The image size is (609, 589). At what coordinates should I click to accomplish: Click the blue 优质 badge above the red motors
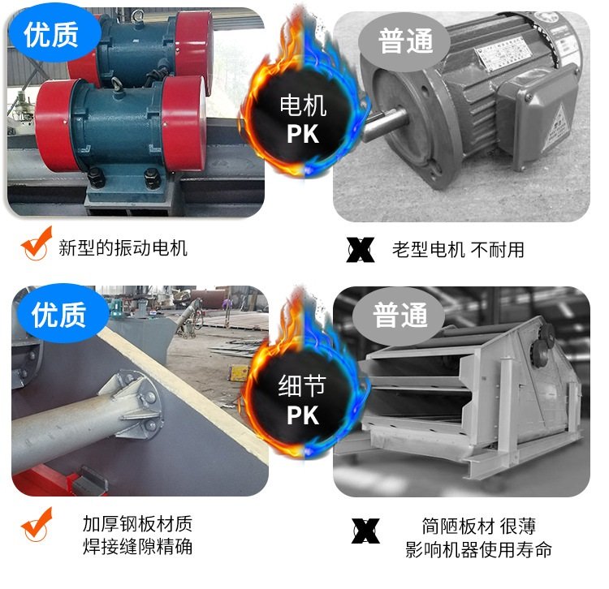[x=54, y=34]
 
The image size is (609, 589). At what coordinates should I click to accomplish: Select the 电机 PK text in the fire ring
[x=303, y=119]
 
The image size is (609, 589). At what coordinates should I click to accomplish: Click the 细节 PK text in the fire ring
[x=302, y=401]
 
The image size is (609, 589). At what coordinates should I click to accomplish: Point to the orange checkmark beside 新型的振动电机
[x=36, y=243]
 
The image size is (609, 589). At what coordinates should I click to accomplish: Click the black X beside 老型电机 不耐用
[x=361, y=250]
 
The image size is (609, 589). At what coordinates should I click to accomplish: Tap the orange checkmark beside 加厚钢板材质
[x=36, y=525]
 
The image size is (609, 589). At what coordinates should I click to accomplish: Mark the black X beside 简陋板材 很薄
[x=365, y=531]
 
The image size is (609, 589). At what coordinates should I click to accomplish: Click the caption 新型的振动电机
[x=123, y=248]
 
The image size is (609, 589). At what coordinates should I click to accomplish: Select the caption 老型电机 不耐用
[x=458, y=250]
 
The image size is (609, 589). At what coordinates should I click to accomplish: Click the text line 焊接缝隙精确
[x=137, y=547]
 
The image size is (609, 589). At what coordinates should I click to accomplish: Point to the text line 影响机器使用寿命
[x=478, y=549]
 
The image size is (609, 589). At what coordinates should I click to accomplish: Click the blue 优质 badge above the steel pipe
[x=59, y=313]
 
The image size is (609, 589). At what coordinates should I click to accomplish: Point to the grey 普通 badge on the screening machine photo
[x=400, y=316]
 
